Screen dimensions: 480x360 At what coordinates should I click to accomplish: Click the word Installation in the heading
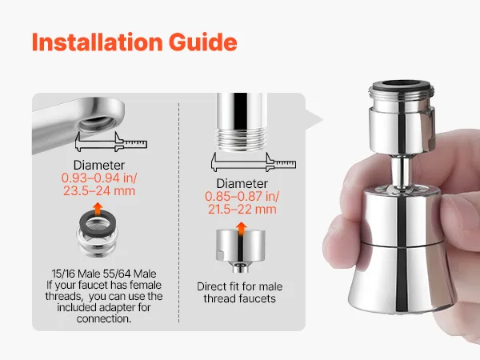click(x=98, y=42)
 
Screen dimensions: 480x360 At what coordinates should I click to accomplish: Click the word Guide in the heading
click(x=203, y=42)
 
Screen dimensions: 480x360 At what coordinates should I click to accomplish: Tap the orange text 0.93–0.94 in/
click(x=99, y=178)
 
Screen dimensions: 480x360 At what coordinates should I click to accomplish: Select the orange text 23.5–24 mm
click(x=99, y=191)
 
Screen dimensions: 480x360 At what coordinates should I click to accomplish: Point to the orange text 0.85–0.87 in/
click(x=242, y=196)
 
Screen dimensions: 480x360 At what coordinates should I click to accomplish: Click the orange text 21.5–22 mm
click(x=242, y=210)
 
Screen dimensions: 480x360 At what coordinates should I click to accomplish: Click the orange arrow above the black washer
click(x=98, y=209)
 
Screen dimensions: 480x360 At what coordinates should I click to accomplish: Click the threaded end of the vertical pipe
click(x=241, y=139)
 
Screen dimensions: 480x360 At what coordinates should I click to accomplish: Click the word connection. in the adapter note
click(x=104, y=318)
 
